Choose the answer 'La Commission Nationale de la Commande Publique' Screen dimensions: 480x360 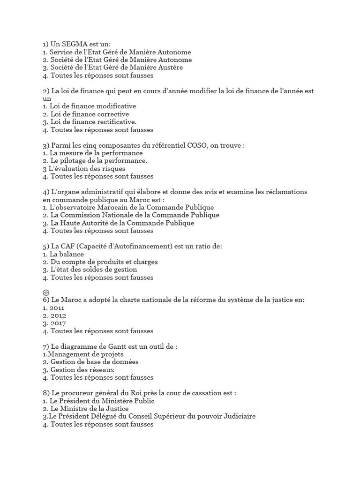pyautogui.click(x=134, y=215)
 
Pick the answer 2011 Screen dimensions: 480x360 pyautogui.click(x=57, y=308)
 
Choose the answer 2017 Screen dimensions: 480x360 pyautogui.click(x=58, y=323)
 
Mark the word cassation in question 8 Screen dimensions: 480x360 pyautogui.click(x=214, y=393)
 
